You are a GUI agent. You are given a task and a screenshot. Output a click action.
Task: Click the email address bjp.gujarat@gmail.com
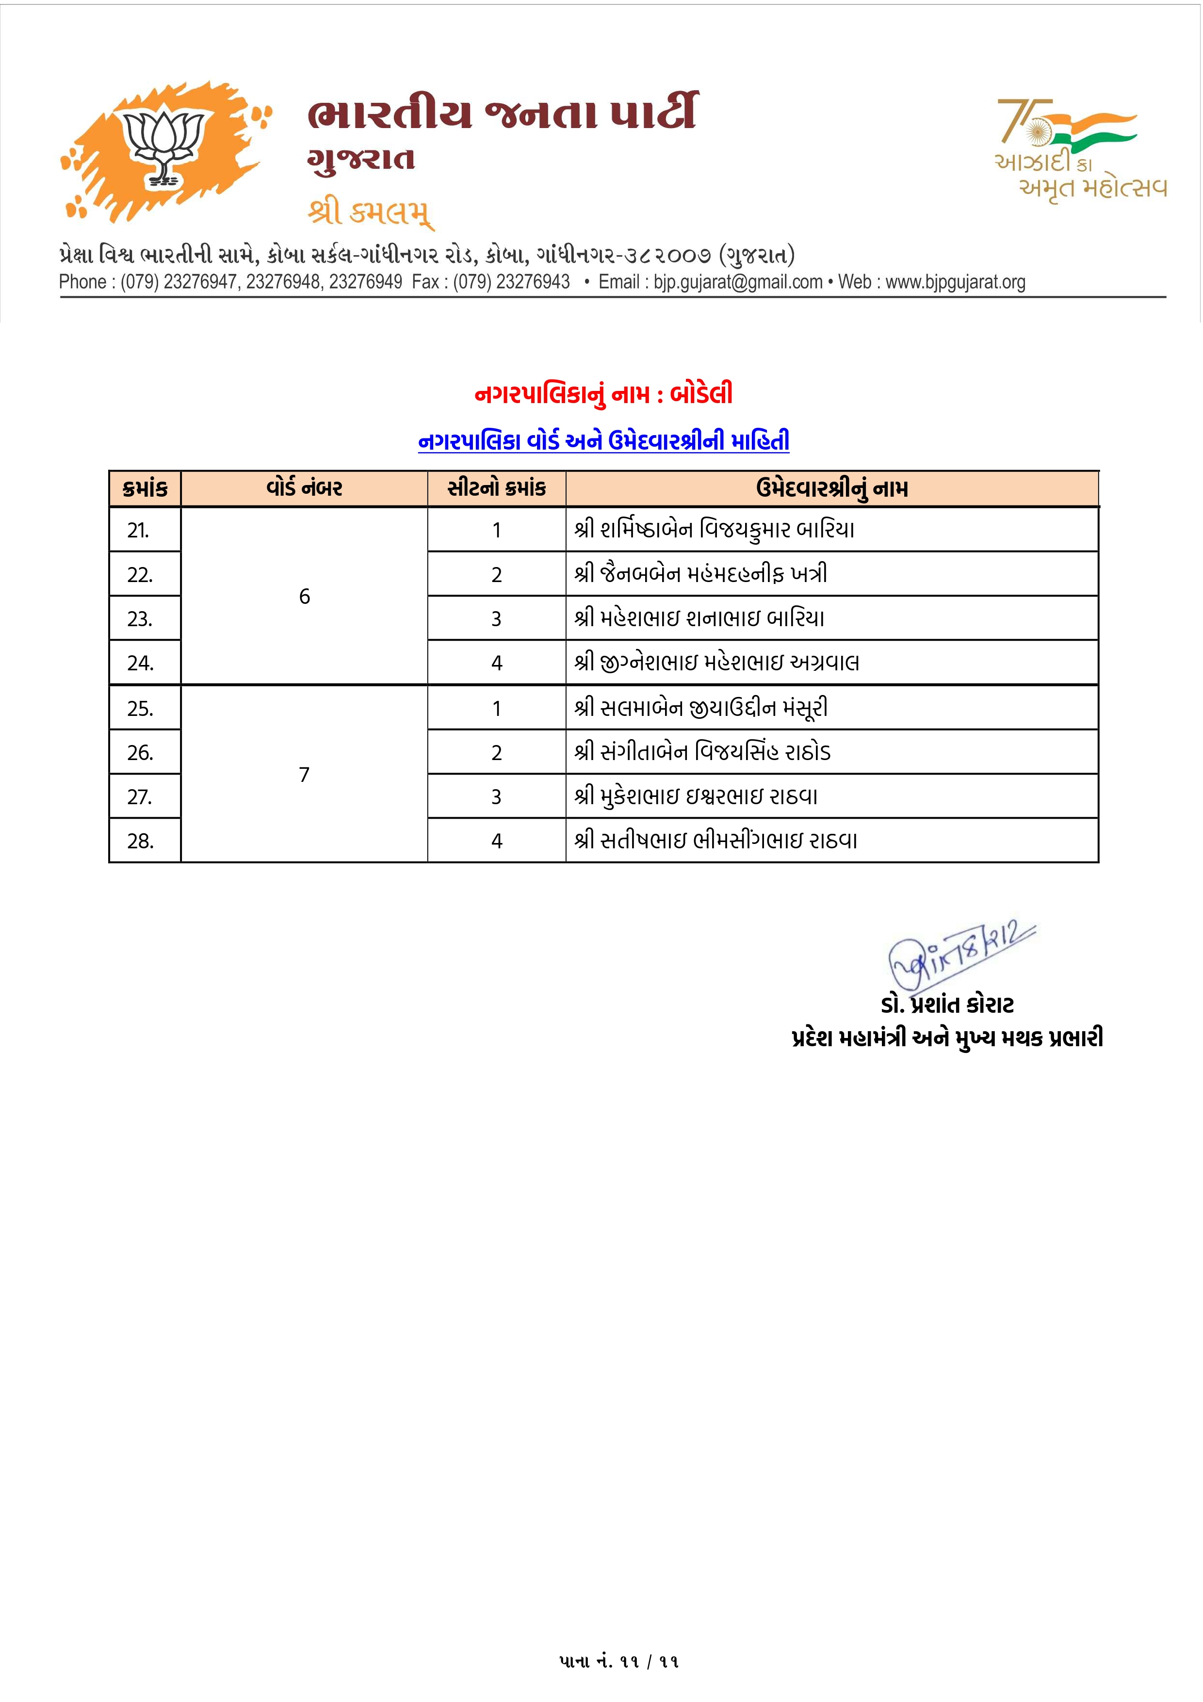(x=737, y=282)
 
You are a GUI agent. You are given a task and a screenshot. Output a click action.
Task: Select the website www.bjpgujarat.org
(x=956, y=282)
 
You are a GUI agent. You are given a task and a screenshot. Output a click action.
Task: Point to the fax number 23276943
(x=532, y=282)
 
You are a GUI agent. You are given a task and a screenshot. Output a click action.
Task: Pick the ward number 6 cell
(x=304, y=597)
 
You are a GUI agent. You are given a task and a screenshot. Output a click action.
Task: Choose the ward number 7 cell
(x=304, y=775)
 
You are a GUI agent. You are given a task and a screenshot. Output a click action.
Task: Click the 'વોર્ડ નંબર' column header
(x=304, y=488)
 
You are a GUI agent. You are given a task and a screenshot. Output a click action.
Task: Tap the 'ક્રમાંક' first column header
(x=145, y=488)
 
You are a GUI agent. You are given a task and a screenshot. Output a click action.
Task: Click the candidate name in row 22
(x=700, y=574)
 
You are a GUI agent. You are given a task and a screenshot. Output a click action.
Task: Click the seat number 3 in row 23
(x=497, y=619)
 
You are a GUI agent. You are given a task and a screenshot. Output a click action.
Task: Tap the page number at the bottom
(x=619, y=1661)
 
